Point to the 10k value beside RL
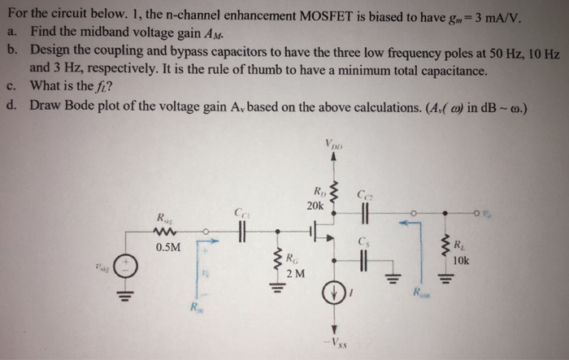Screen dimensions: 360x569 [458, 261]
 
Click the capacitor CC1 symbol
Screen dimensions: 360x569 [241, 232]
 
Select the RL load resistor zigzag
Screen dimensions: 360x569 [444, 241]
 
